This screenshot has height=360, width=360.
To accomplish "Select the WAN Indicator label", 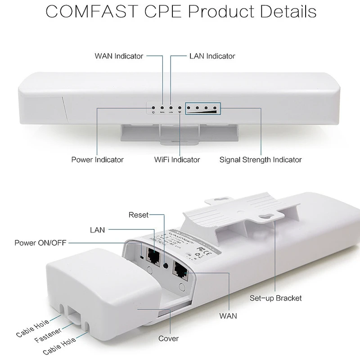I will (x=119, y=56).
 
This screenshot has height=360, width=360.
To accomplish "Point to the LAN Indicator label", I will (x=211, y=56).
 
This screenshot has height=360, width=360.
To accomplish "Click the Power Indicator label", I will (x=97, y=159).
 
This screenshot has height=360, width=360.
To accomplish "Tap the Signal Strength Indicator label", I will (x=261, y=159).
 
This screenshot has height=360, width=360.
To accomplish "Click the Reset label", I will (x=138, y=215).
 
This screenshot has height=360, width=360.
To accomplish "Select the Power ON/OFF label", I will (x=40, y=243).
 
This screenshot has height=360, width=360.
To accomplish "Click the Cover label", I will (x=168, y=338).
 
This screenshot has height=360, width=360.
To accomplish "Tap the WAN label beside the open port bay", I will (x=228, y=316).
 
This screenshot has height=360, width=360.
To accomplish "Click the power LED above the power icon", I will (x=154, y=108).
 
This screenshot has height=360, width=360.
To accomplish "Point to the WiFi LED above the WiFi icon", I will (x=180, y=108).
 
